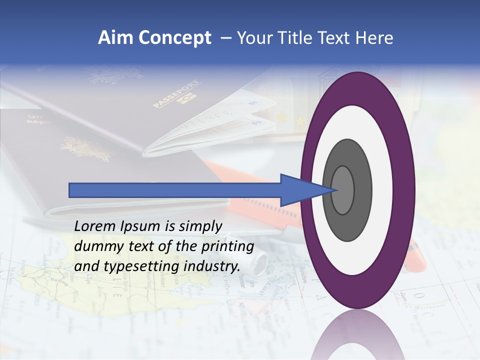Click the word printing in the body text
pos(228,246)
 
